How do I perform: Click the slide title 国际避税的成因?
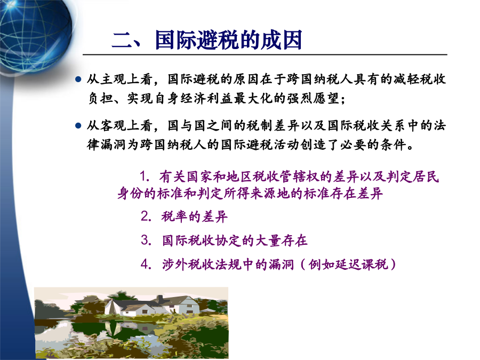pos(229,40)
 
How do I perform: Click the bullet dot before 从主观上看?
pos(78,79)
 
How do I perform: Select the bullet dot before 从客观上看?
pos(78,125)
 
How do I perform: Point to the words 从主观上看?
pos(119,79)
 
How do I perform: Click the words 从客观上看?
pos(119,125)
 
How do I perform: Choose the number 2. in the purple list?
pos(146,217)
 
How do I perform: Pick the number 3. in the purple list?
pos(146,240)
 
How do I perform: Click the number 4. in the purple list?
pos(146,264)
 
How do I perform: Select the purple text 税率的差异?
pos(194,217)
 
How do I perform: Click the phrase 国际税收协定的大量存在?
pos(235,241)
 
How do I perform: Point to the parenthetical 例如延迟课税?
pos(348,264)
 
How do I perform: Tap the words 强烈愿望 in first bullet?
pos(313,98)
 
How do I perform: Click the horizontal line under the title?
pos(265,55)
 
